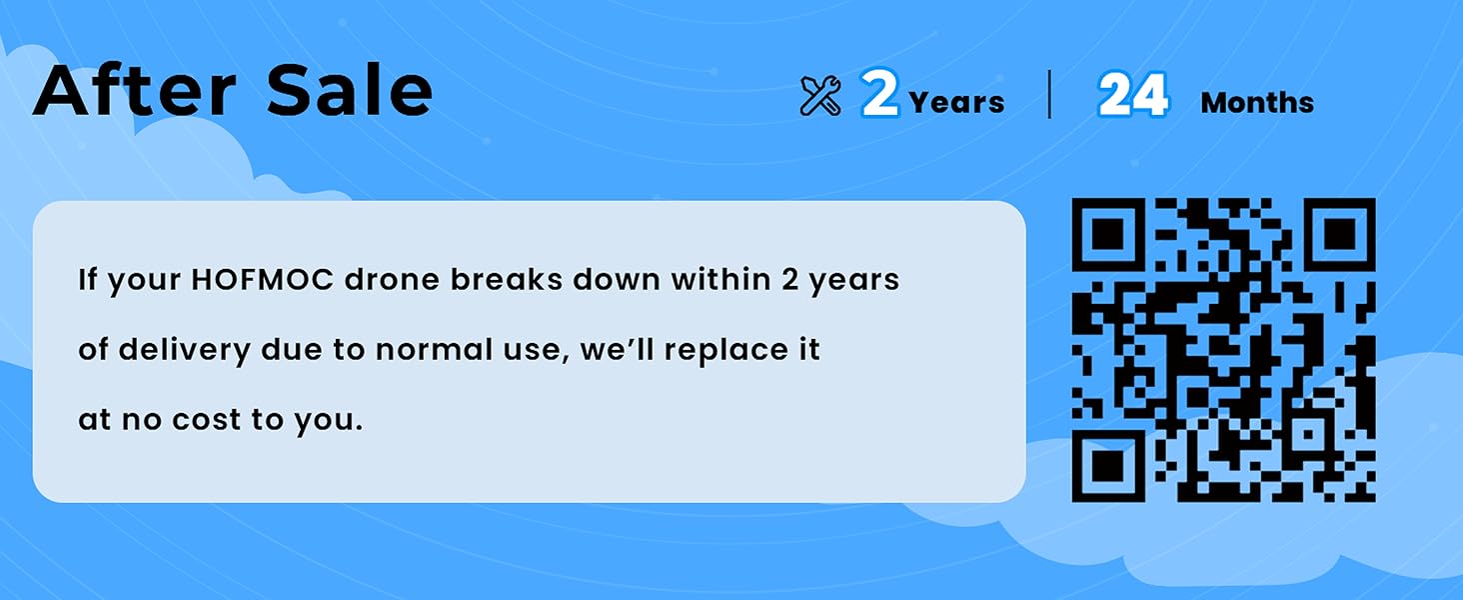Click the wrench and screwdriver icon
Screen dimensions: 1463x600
(820, 96)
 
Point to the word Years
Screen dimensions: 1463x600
(956, 103)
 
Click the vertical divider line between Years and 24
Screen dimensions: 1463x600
(1049, 94)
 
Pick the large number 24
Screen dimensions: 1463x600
(1133, 95)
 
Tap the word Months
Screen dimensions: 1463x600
(1257, 103)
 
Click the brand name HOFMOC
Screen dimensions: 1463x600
(262, 280)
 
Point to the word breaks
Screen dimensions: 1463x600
(507, 280)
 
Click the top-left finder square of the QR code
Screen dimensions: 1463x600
(1108, 234)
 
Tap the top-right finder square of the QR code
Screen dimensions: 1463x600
(1339, 234)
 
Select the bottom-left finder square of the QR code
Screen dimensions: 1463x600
(1108, 466)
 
